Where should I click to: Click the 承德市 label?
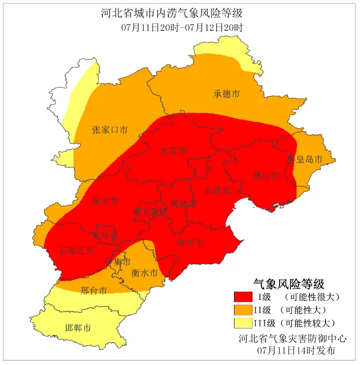pos(226,94)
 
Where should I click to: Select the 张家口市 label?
pos(109,130)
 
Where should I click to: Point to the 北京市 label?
pos(173,150)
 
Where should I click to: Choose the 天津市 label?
pos(217,191)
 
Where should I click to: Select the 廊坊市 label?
pos(183,203)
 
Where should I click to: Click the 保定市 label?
pos(105,201)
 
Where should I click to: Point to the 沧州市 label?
pos(190,242)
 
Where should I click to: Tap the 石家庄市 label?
pos(76,250)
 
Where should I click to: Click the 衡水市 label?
pos(144,273)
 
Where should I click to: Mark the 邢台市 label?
pos(93,290)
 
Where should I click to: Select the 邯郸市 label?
pos(78,328)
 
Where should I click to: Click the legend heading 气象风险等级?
pos(289,284)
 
